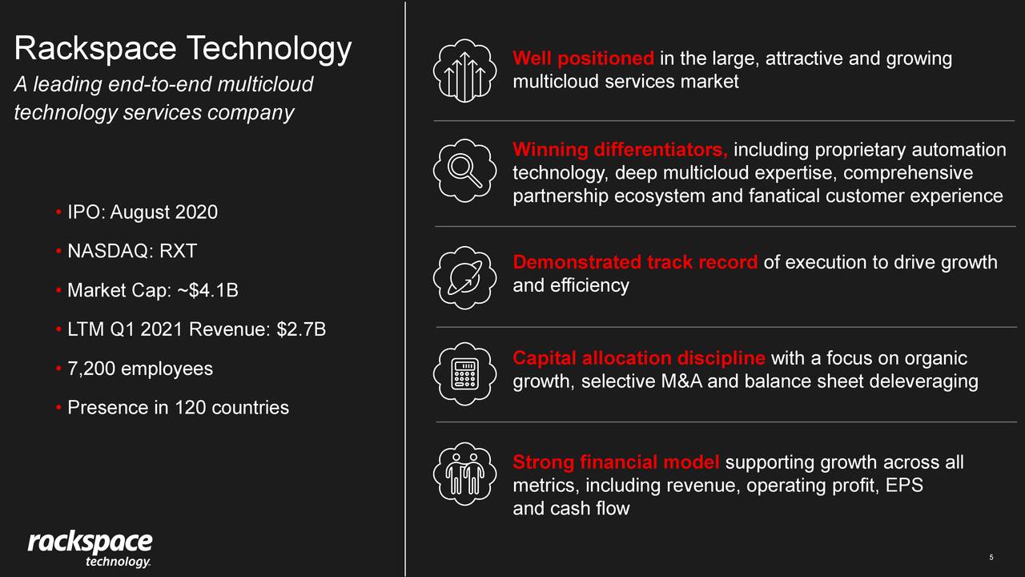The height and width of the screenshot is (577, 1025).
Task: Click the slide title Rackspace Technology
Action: [x=183, y=49]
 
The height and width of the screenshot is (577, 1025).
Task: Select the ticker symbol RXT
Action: [x=178, y=251]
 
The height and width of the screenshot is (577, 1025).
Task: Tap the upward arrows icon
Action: [x=464, y=71]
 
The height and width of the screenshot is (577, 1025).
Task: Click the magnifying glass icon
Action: [x=464, y=171]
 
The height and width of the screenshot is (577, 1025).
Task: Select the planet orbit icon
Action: [x=464, y=277]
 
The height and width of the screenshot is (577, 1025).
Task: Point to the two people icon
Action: [x=464, y=473]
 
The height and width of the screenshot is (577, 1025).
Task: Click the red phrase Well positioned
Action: [x=583, y=59]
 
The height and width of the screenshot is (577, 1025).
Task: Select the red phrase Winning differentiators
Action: [x=620, y=150]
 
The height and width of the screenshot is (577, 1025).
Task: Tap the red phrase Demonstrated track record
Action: [x=635, y=262]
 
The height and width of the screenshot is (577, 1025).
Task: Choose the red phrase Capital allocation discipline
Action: [x=638, y=358]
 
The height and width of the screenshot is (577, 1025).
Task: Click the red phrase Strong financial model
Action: [x=616, y=462]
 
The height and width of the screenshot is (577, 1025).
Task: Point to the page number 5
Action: [x=991, y=558]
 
